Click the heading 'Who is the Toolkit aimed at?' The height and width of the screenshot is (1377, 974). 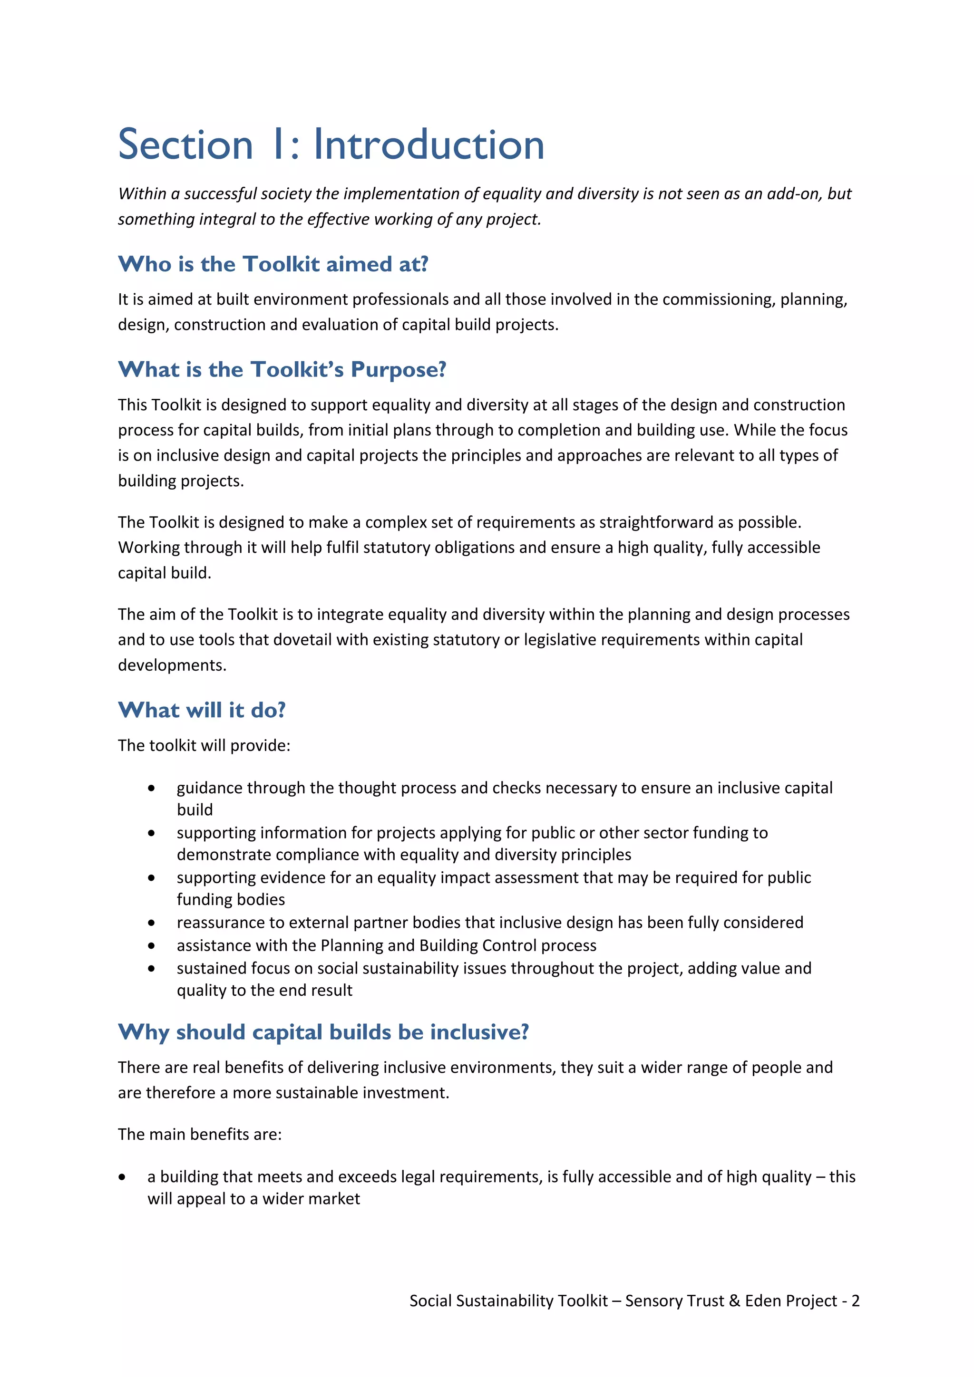273,264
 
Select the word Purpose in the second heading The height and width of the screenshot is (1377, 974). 398,369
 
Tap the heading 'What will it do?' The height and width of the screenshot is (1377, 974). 202,710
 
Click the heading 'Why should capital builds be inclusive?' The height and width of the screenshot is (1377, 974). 323,1032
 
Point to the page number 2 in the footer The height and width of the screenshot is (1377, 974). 855,1301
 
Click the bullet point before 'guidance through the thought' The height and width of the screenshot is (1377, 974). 151,788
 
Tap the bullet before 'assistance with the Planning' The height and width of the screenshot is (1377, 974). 151,946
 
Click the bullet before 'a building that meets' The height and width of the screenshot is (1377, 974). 122,1177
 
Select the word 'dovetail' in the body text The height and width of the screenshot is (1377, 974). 302,640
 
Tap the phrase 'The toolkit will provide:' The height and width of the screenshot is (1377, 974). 204,745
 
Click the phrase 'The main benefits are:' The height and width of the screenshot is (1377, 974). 200,1135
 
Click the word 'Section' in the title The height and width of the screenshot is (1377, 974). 186,145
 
